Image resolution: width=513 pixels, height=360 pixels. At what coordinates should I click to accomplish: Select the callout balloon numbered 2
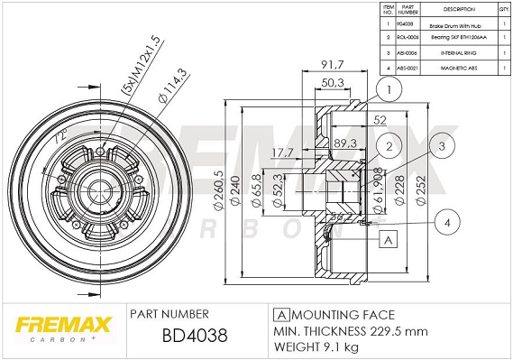pos(389,147)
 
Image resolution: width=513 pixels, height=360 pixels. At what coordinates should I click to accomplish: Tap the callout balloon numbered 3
pos(442,146)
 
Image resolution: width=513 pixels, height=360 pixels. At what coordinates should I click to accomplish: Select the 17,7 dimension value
pos(286,152)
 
